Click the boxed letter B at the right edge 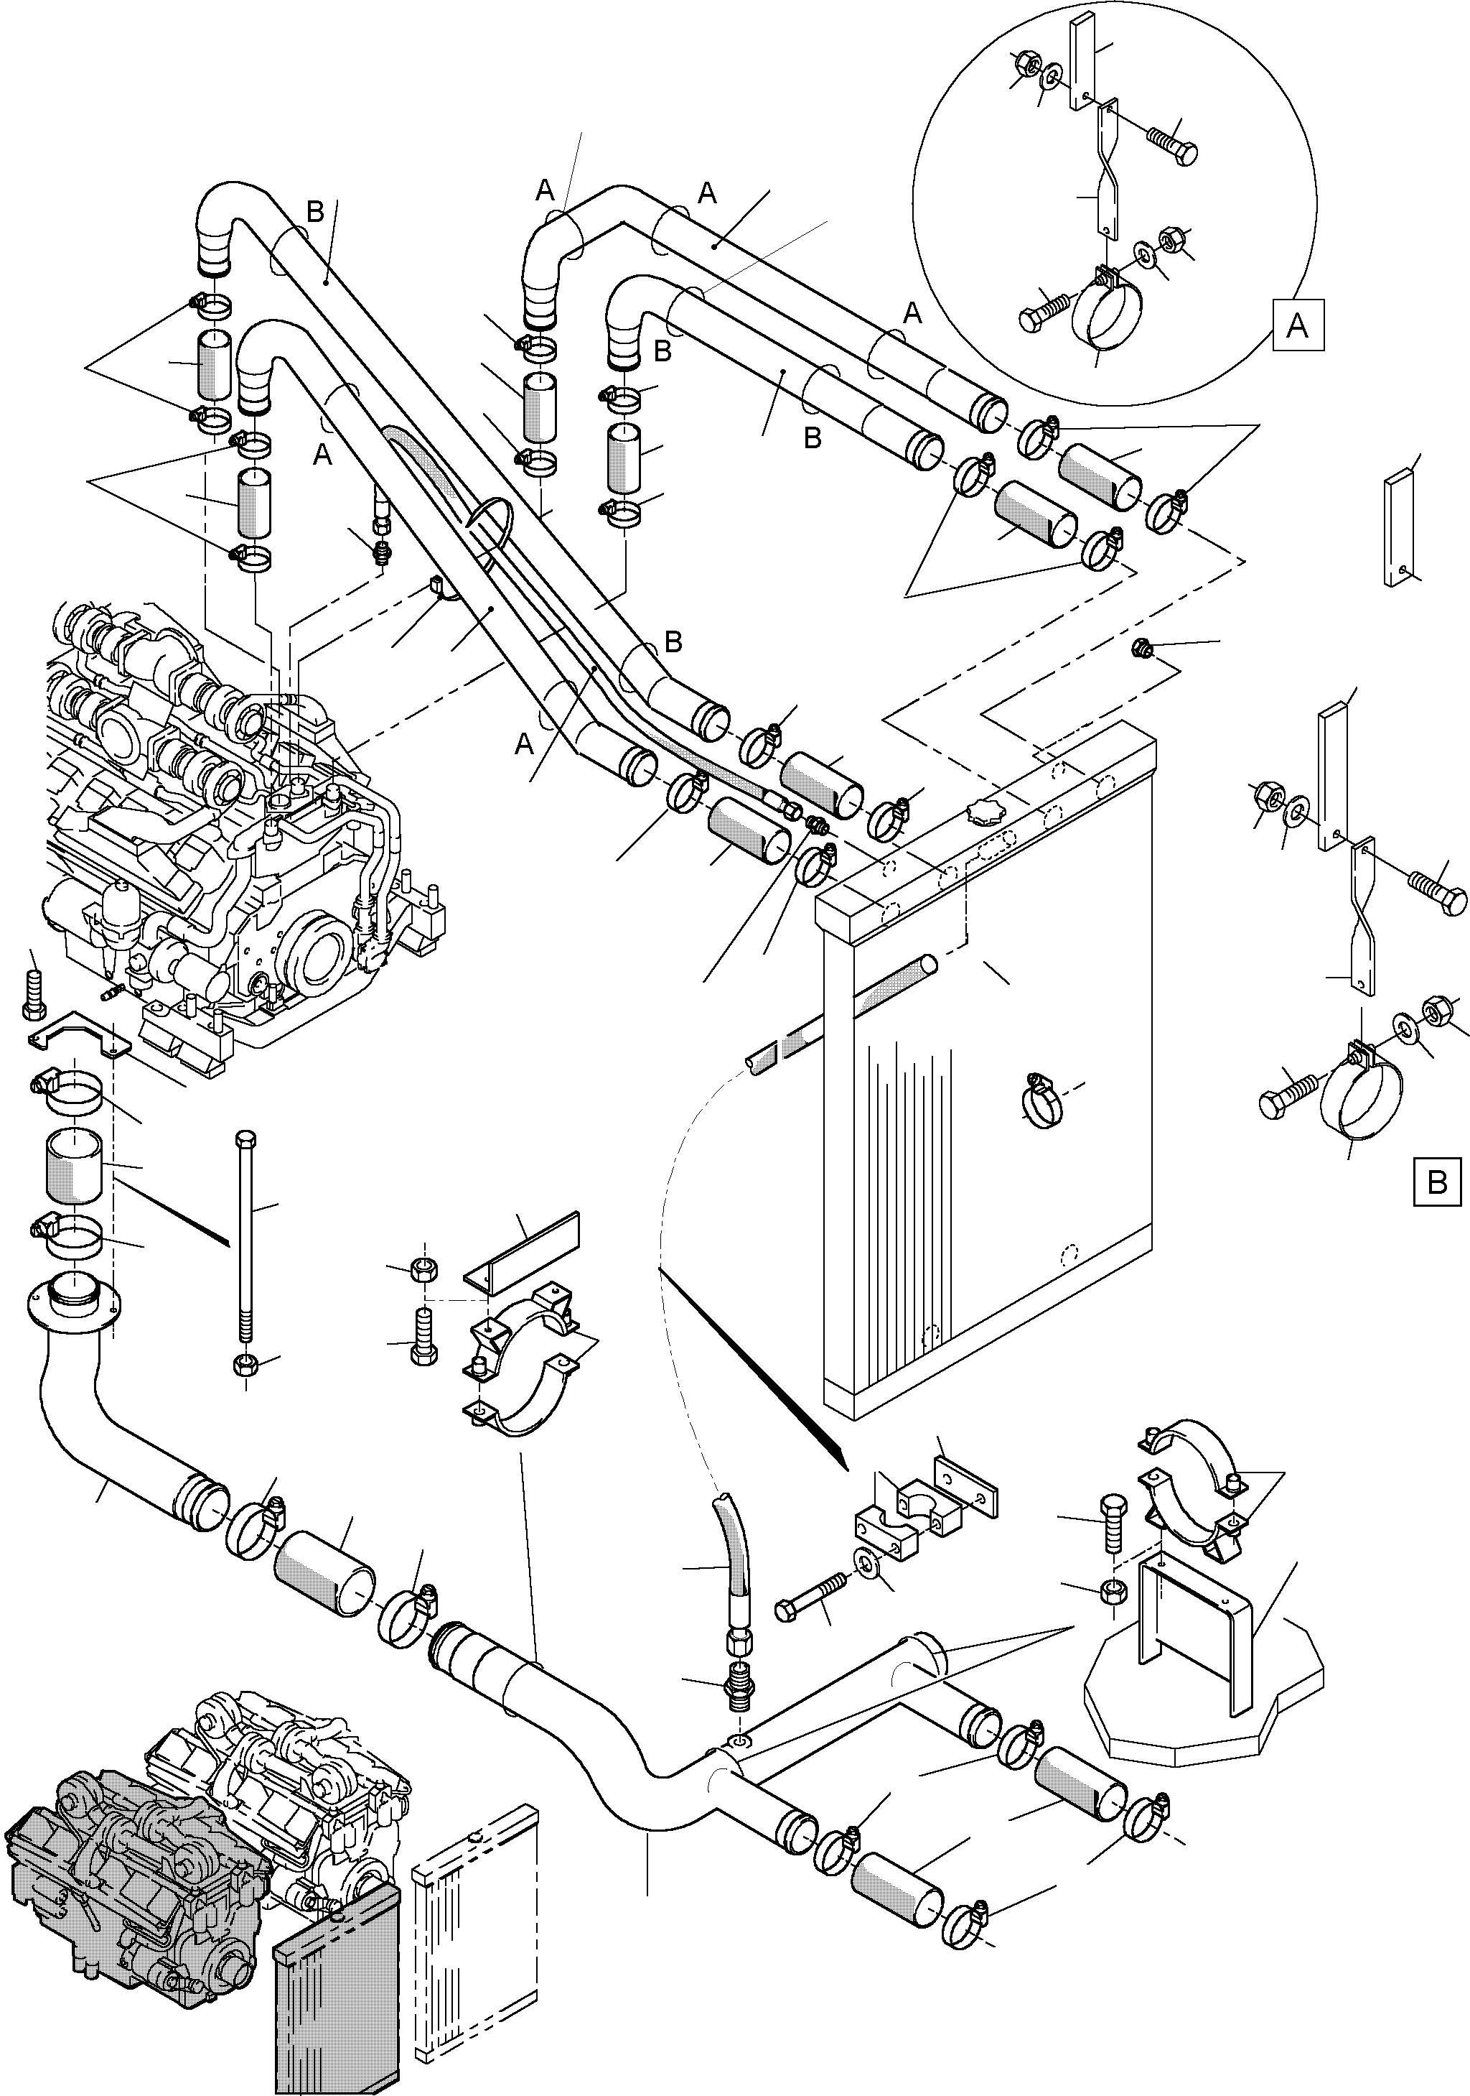pos(1436,1183)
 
